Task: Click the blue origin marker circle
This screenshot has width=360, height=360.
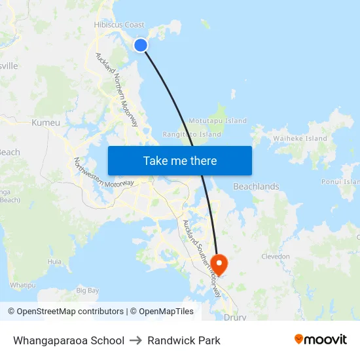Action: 141,45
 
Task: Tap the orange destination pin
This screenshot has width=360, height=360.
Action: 219,264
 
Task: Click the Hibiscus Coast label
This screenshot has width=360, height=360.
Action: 119,25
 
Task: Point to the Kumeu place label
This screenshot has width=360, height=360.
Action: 46,122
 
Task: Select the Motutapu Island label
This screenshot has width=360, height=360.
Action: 218,120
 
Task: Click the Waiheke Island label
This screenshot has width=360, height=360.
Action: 300,139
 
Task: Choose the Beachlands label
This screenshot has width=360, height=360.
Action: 256,187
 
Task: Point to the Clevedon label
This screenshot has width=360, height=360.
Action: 276,257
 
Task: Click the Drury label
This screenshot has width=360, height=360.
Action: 235,317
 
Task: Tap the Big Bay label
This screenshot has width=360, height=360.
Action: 88,290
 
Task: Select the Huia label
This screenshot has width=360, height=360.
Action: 54,261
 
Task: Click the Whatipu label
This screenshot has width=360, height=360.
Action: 22,285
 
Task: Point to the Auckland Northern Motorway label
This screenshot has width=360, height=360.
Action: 117,90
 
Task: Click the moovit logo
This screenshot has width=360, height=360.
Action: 321,340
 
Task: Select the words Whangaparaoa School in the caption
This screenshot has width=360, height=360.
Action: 69,340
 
